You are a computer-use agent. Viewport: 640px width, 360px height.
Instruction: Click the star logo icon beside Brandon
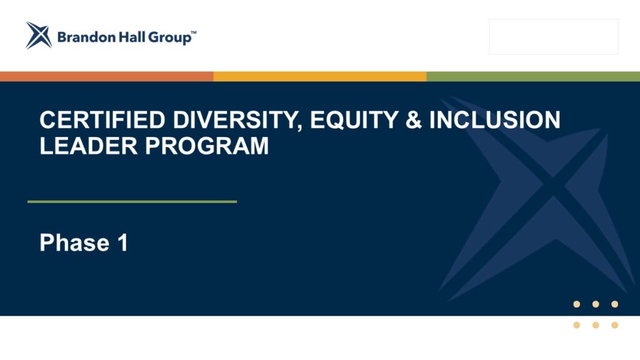point(39,36)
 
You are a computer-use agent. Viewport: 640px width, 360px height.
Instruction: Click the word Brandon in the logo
point(86,37)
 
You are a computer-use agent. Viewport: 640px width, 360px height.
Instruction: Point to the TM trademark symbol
point(194,32)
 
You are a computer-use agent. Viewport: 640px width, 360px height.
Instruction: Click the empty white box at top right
point(554,37)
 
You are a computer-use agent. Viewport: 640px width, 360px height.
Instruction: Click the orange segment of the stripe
point(106,76)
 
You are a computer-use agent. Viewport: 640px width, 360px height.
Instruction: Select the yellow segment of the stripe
point(320,76)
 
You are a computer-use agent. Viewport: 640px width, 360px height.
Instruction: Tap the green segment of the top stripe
point(533,76)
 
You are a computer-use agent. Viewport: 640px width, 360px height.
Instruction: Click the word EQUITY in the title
point(354,121)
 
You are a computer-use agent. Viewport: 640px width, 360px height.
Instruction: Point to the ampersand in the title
point(414,120)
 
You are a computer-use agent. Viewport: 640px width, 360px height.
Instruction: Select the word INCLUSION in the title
point(495,120)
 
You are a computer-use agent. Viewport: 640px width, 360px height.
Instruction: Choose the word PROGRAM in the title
point(207,146)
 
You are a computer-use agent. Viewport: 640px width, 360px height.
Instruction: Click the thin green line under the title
point(132,202)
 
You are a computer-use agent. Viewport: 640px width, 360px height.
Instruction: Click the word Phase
point(75,242)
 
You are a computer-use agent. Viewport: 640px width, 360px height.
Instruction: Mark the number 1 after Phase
point(123,242)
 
